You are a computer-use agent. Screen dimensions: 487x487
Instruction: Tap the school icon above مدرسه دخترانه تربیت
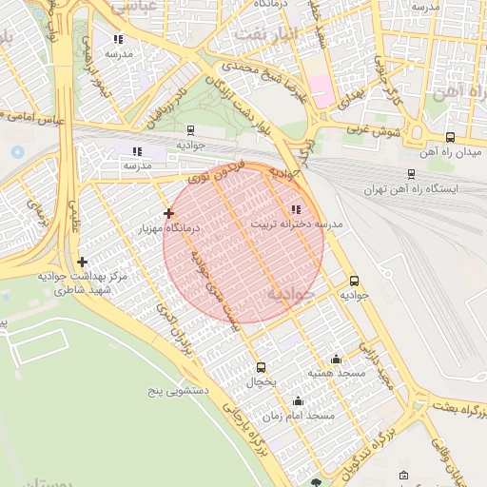coord(296,209)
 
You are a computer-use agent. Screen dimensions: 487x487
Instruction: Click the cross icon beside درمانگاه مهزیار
coord(168,214)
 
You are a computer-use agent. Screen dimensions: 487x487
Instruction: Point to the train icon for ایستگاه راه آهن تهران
coord(410,174)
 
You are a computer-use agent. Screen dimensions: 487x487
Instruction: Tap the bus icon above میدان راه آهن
coord(450,136)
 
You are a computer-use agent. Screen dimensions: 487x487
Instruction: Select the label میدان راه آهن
coord(450,151)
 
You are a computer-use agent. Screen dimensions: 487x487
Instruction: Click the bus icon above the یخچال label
coord(262,367)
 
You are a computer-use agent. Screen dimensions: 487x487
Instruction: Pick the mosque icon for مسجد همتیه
coord(335,360)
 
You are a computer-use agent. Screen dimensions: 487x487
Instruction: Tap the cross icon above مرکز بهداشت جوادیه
coord(83,262)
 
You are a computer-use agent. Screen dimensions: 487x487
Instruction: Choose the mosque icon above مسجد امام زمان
coord(299,401)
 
